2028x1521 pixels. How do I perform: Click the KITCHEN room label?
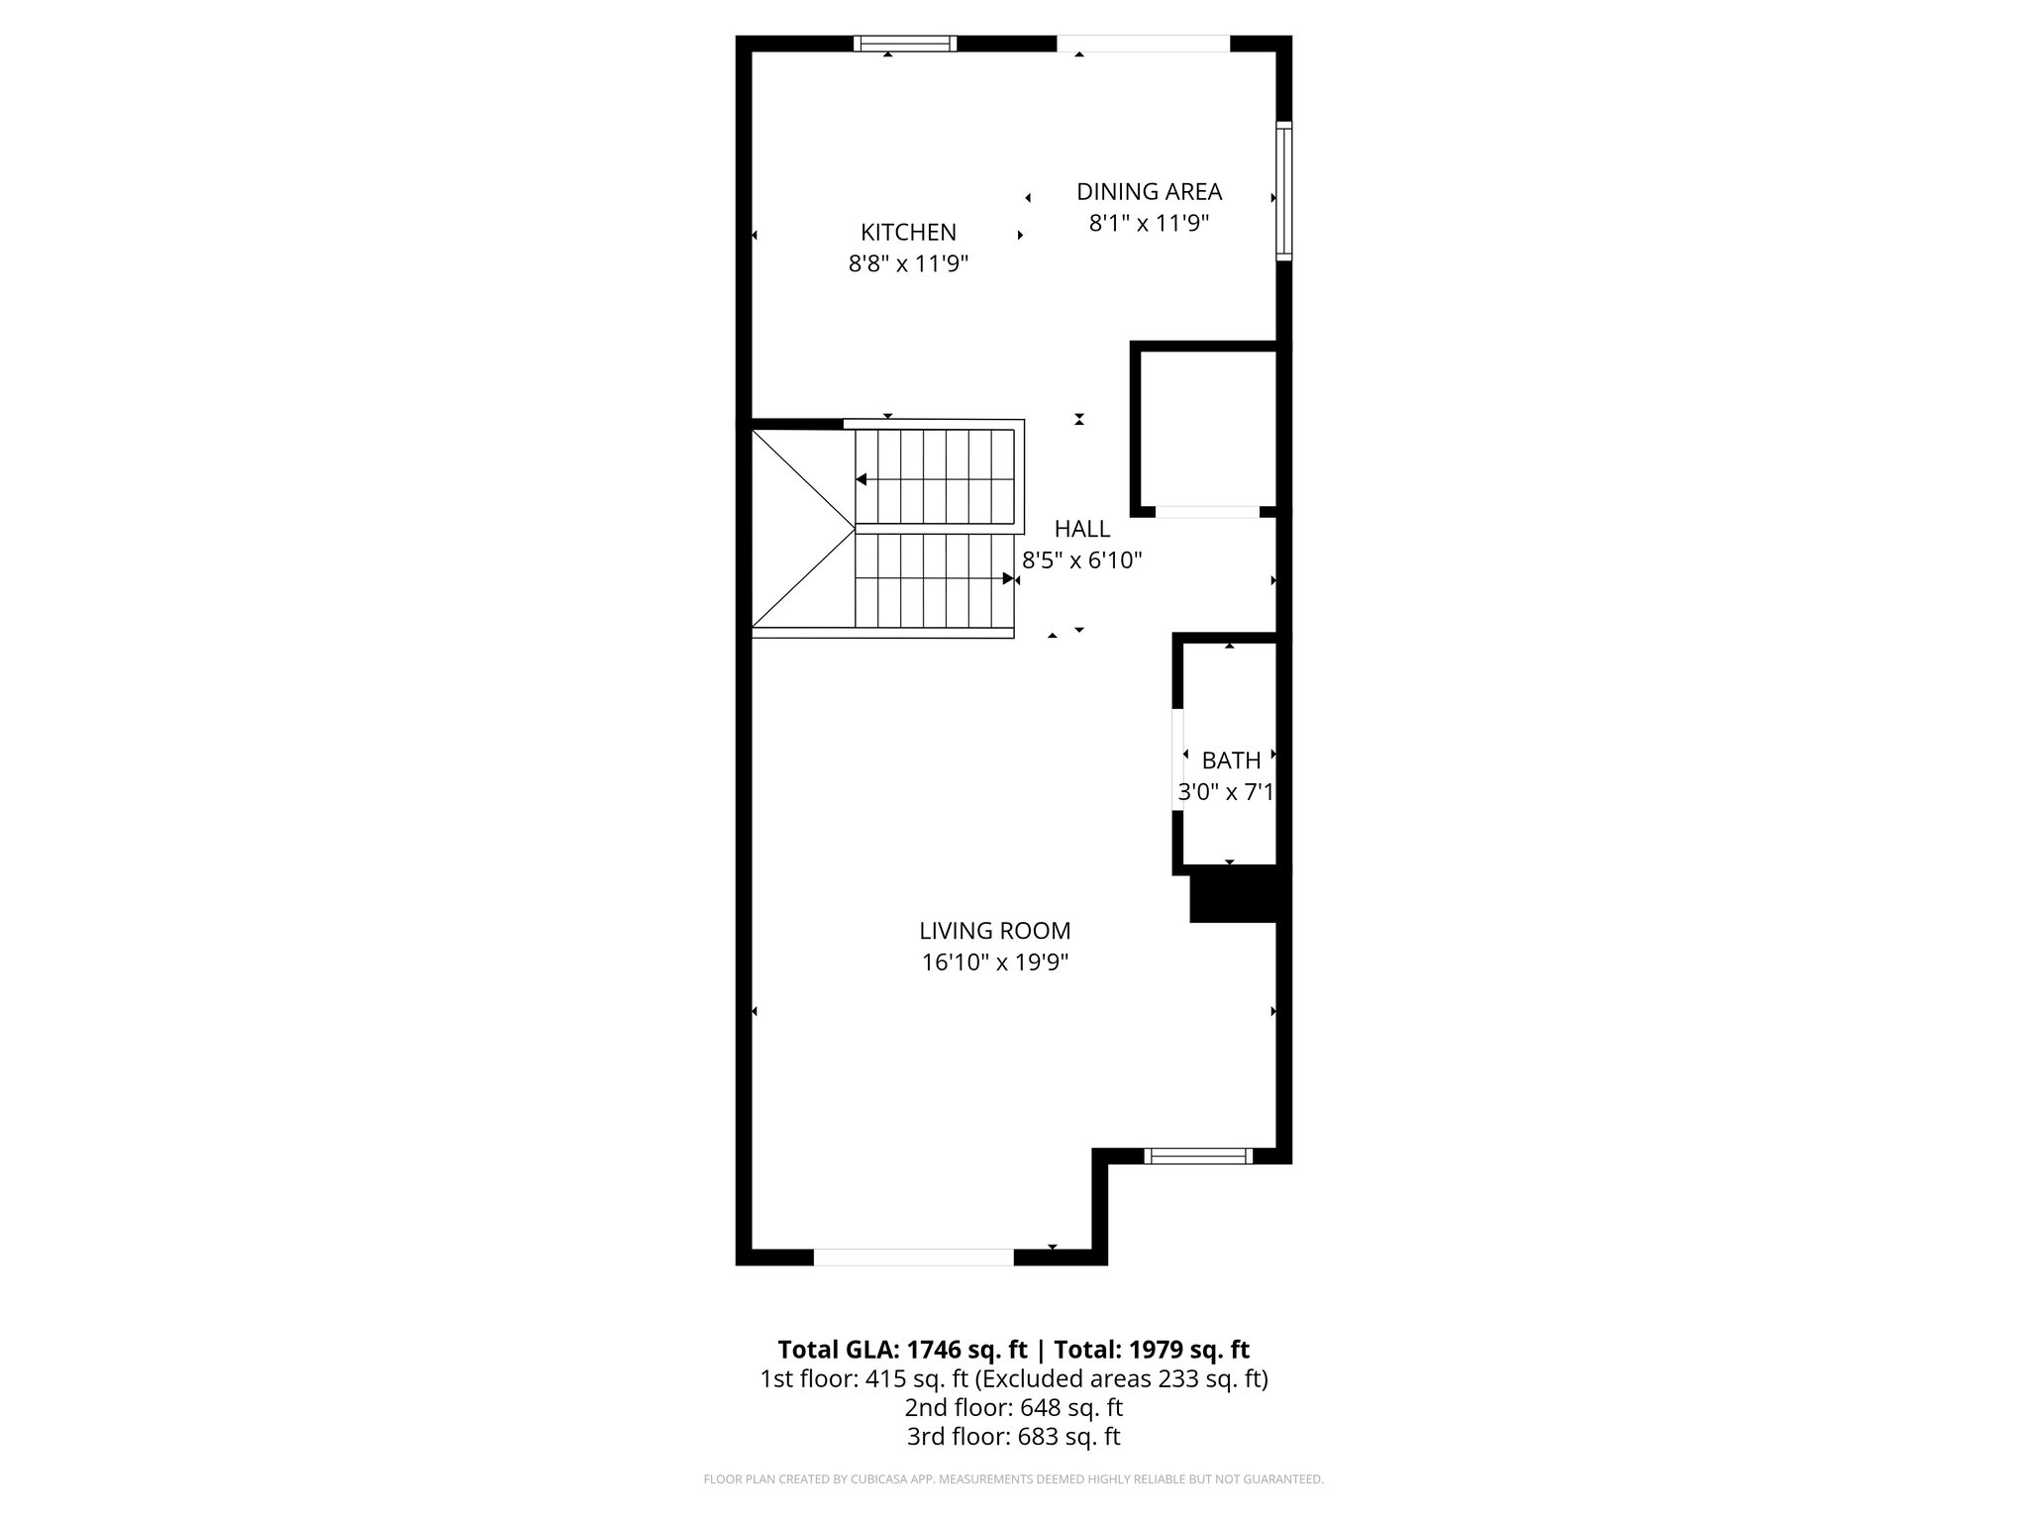coord(908,232)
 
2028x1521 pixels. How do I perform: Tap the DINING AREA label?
coord(1149,191)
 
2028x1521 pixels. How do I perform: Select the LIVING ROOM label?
coord(994,931)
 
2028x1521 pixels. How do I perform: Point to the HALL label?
coord(1081,529)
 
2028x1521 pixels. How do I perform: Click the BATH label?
coord(1231,760)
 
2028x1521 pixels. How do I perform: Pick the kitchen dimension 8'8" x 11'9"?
coord(908,264)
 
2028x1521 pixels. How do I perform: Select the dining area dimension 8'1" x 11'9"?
coord(1149,224)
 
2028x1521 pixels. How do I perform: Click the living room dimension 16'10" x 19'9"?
coord(994,963)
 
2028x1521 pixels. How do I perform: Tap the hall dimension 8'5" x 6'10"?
coord(1081,560)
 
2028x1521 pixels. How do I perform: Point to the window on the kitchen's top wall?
coord(905,44)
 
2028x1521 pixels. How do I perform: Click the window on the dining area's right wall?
coord(1283,190)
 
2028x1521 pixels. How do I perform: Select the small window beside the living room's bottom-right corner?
coord(1198,1156)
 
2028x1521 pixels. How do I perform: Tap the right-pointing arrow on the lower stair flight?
coord(1008,578)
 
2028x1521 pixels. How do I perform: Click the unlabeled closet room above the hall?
coord(1208,431)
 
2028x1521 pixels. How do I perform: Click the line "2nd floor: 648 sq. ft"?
coord(1013,1407)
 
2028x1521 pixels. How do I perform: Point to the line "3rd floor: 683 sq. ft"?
coord(1013,1437)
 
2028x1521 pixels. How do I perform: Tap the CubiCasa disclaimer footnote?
coord(1013,1479)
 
